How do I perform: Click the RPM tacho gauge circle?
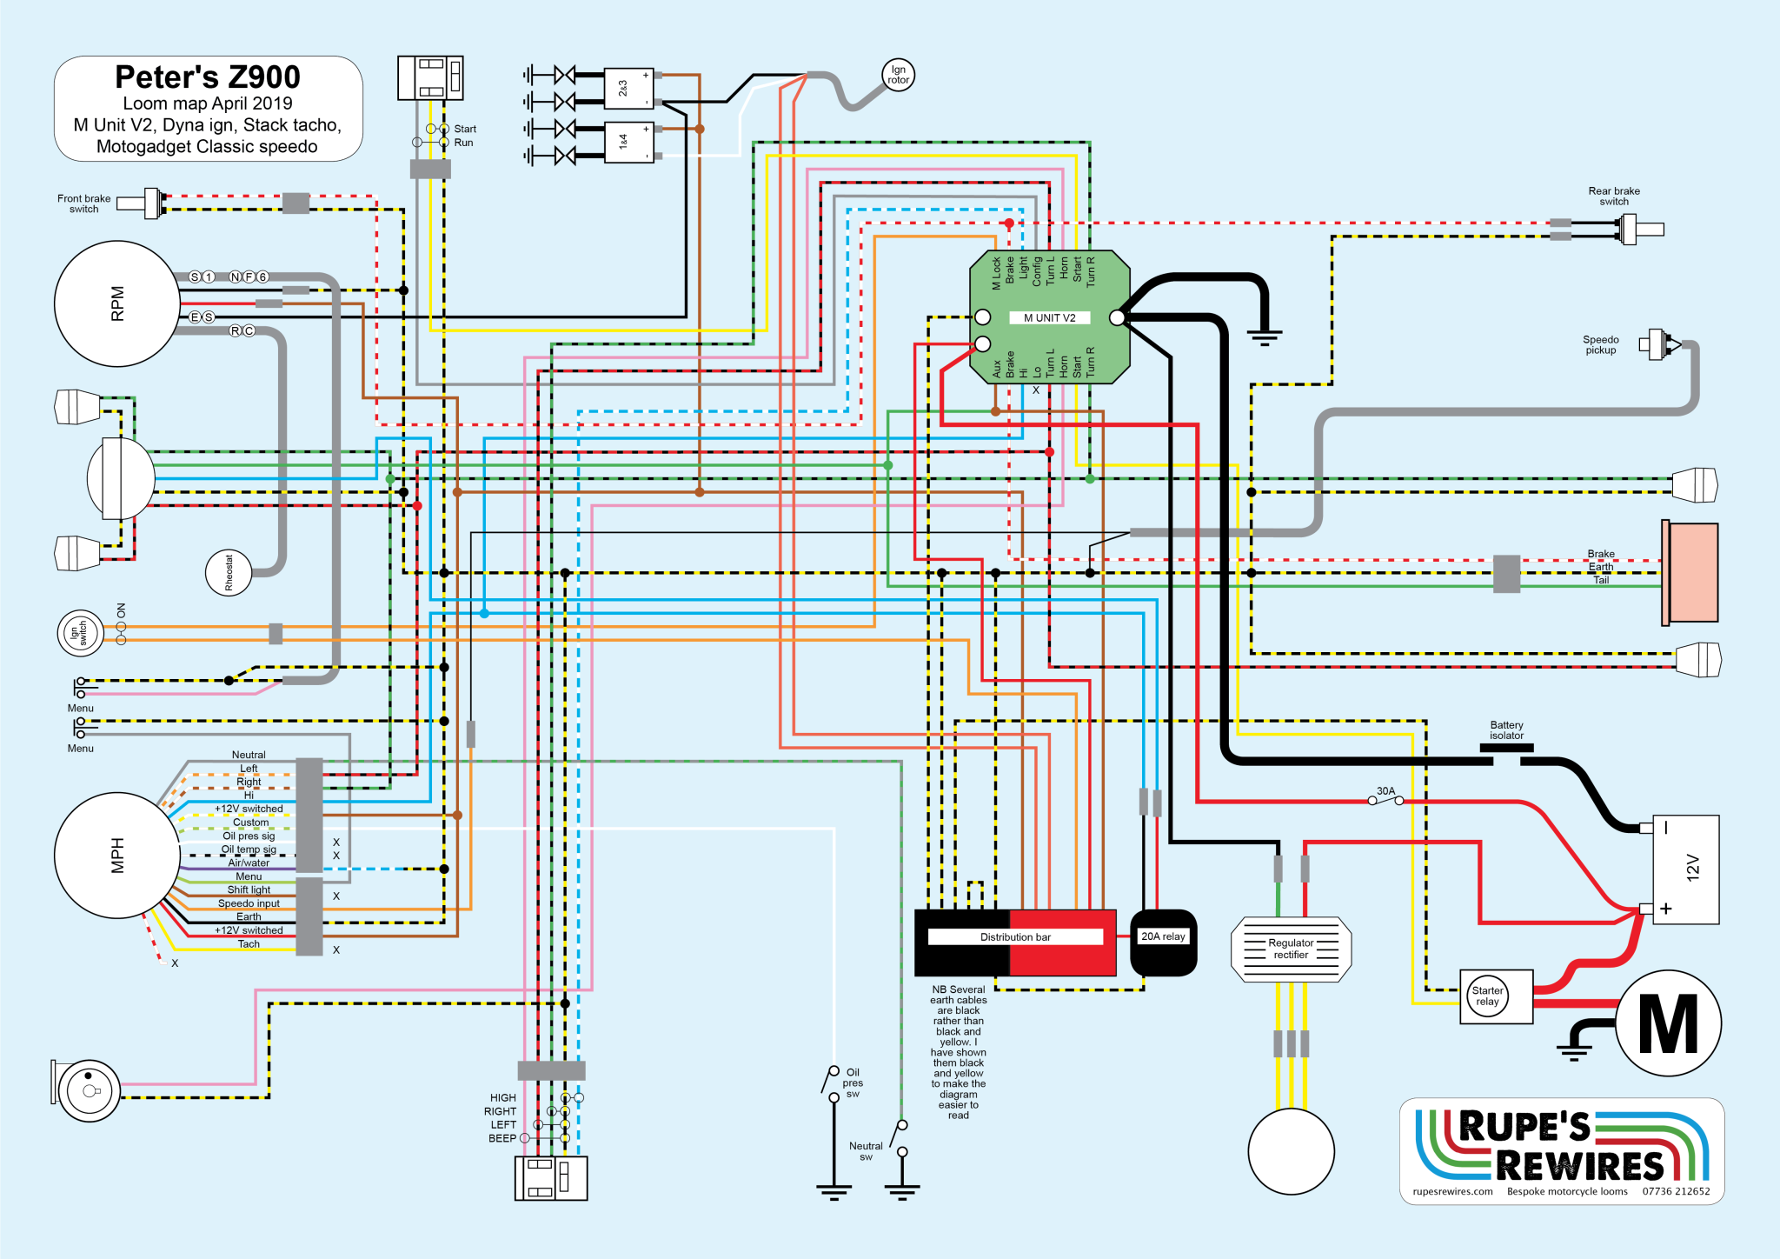coord(116,303)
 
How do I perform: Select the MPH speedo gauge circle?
coord(116,856)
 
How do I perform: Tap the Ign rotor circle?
coord(898,76)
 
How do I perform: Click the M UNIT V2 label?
coord(1049,318)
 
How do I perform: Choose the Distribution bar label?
coord(1015,937)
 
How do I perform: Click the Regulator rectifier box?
coord(1291,949)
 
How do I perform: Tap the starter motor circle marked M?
coord(1668,1023)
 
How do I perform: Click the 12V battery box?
coord(1685,869)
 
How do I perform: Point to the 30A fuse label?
coord(1385,791)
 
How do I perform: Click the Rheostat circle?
coord(229,573)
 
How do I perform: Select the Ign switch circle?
coord(80,633)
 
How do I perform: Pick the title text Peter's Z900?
coord(208,77)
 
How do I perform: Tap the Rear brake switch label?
coord(1614,197)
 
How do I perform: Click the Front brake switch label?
coord(84,203)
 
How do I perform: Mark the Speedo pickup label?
coord(1600,345)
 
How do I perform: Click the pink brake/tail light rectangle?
coord(1690,573)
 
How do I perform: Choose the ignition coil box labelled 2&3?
coord(628,88)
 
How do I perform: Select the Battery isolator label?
coord(1506,730)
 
